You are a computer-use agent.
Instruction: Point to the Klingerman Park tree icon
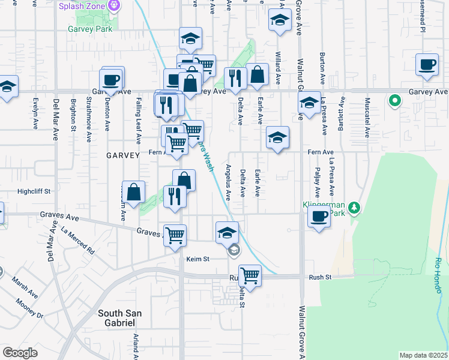click(354, 208)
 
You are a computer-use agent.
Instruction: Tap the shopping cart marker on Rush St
click(250, 276)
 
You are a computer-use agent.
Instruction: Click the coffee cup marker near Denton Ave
click(112, 79)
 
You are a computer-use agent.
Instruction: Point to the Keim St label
click(197, 259)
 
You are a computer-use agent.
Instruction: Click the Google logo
click(19, 353)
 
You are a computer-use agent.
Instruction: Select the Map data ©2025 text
click(423, 355)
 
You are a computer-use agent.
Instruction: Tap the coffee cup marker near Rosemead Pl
click(427, 65)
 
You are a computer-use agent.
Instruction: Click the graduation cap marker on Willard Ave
click(279, 22)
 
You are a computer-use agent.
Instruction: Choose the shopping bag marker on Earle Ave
click(257, 75)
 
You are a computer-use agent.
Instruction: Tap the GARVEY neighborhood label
click(122, 155)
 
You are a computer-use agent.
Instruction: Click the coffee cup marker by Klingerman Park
click(319, 217)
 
